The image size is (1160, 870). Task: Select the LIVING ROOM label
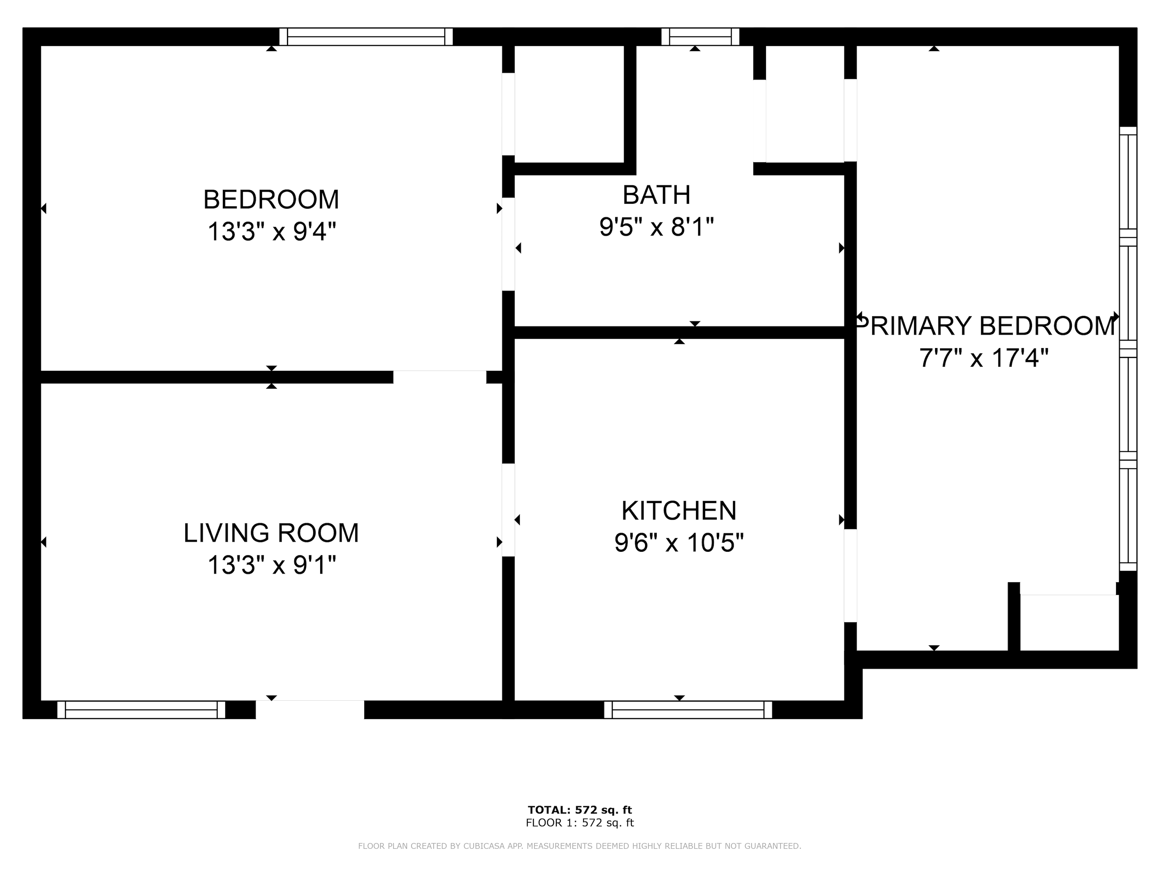271,533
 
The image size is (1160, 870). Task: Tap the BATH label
657,195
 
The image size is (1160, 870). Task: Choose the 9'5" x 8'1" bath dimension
657,227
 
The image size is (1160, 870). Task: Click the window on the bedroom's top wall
366,37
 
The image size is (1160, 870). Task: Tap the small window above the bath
700,37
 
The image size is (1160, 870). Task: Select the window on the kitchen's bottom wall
688,710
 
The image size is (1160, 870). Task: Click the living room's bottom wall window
141,710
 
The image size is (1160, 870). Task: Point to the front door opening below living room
310,710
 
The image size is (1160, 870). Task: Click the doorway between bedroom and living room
440,377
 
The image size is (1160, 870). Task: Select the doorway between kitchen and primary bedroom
850,576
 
